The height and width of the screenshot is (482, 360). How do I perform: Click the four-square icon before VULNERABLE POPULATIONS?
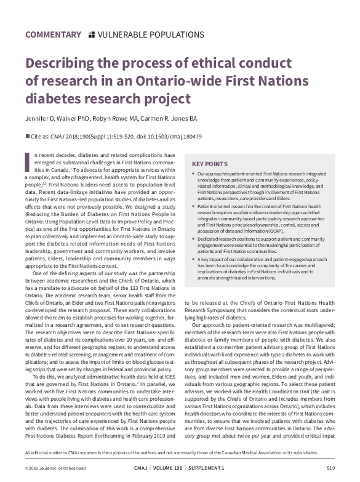[x=92, y=34]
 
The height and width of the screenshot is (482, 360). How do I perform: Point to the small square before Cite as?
[x=27, y=136]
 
